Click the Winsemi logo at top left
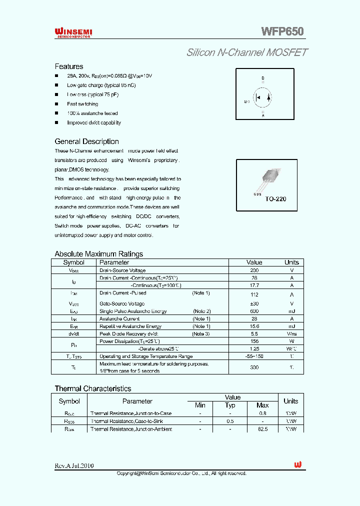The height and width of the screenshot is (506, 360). pyautogui.click(x=73, y=32)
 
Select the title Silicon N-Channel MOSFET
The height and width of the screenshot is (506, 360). pyautogui.click(x=247, y=52)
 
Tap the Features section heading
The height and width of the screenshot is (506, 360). pyautogui.click(x=69, y=66)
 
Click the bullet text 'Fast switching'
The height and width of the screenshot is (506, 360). pyautogui.click(x=82, y=104)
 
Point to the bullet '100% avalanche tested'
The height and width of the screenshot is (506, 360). pyautogui.click(x=92, y=113)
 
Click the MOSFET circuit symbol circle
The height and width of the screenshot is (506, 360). pyautogui.click(x=263, y=97)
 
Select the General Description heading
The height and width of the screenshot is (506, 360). pyautogui.click(x=86, y=141)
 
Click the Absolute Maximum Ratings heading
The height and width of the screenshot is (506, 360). pyautogui.click(x=98, y=254)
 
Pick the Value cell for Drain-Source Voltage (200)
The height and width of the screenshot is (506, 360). pyautogui.click(x=254, y=270)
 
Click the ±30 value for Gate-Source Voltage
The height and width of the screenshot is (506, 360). pyautogui.click(x=254, y=303)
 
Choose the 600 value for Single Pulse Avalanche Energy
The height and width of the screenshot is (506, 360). pyautogui.click(x=254, y=311)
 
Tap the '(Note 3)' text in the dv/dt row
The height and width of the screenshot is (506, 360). pyautogui.click(x=201, y=333)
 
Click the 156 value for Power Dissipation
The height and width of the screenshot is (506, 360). pyautogui.click(x=254, y=341)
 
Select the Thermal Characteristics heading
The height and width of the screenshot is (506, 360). pyautogui.click(x=92, y=388)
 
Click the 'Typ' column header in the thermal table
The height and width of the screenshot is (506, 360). pyautogui.click(x=230, y=405)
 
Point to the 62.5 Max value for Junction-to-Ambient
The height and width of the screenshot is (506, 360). pyautogui.click(x=262, y=429)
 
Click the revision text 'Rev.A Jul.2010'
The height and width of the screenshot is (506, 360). pyautogui.click(x=74, y=465)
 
